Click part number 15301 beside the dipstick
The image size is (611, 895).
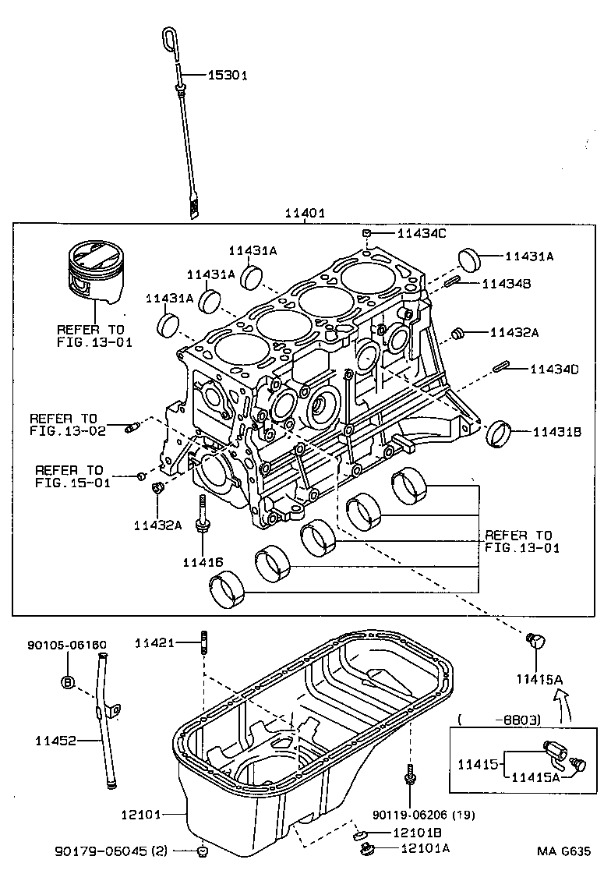(227, 76)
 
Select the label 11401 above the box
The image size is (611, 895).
(304, 213)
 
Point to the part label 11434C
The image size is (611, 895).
(422, 233)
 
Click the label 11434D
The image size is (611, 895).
(554, 369)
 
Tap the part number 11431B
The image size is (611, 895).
(556, 430)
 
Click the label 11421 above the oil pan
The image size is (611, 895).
(154, 642)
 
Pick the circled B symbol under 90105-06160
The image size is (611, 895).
(67, 682)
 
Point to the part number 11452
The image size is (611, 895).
(55, 740)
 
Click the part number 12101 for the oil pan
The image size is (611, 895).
(140, 815)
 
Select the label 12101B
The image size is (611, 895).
(417, 833)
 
